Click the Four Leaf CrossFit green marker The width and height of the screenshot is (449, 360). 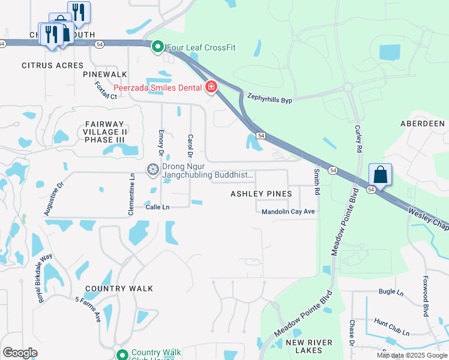click(158, 46)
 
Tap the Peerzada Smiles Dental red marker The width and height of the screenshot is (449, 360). click(211, 88)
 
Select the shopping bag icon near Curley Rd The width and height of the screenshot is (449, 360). click(380, 175)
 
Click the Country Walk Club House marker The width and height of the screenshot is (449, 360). click(122, 355)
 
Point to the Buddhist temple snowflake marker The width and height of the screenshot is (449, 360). click(153, 170)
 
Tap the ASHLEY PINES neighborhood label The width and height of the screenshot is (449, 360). click(262, 194)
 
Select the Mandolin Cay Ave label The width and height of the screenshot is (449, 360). click(288, 211)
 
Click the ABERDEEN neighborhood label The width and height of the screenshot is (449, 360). click(423, 124)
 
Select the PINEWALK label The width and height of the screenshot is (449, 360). click(105, 74)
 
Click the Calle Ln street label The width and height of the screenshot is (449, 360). click(158, 207)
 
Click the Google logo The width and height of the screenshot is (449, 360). click(20, 353)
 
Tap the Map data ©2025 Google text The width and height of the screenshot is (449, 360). click(412, 355)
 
